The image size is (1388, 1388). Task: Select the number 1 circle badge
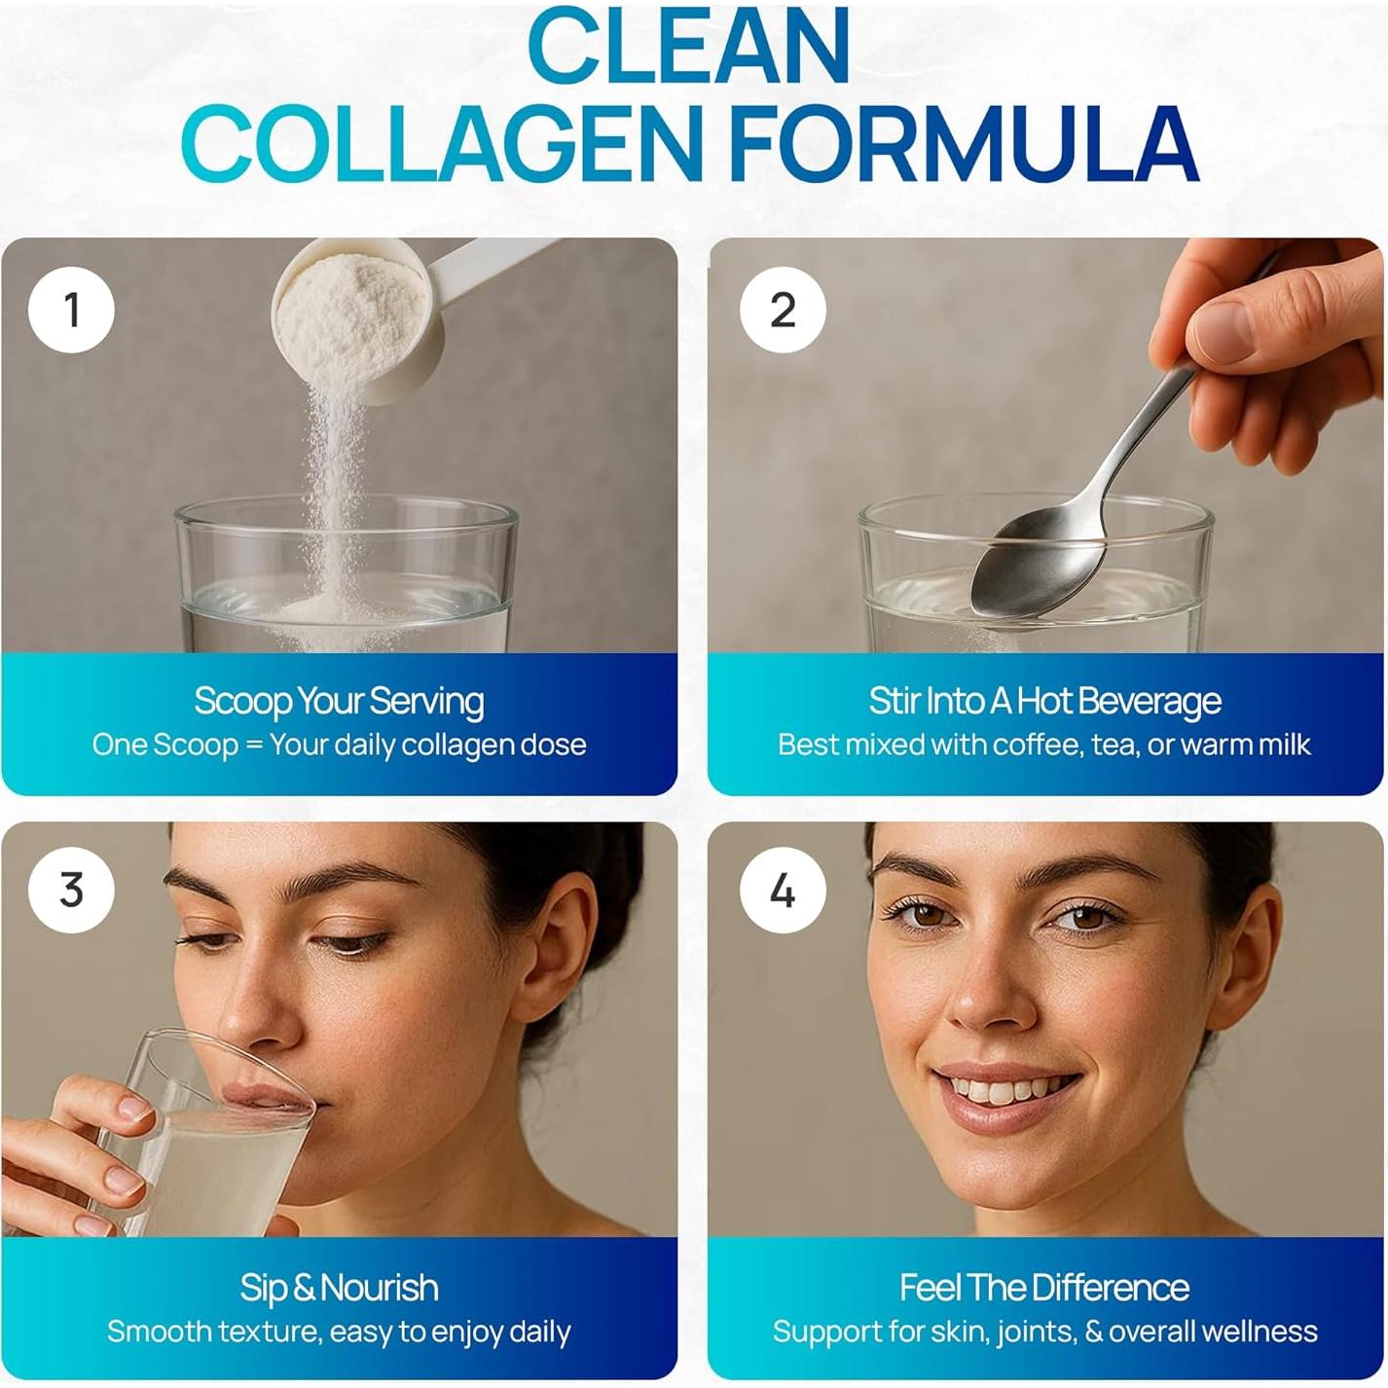[71, 310]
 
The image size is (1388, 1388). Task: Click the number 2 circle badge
[783, 310]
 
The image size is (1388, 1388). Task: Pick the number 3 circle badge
[71, 890]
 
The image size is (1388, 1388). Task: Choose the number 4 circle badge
[783, 890]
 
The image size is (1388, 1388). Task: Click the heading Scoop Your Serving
[338, 701]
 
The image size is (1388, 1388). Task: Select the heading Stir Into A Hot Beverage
[1044, 701]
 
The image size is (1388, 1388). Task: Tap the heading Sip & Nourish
[338, 1287]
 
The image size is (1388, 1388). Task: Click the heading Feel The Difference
[1044, 1287]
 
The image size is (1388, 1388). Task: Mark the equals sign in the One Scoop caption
[254, 745]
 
